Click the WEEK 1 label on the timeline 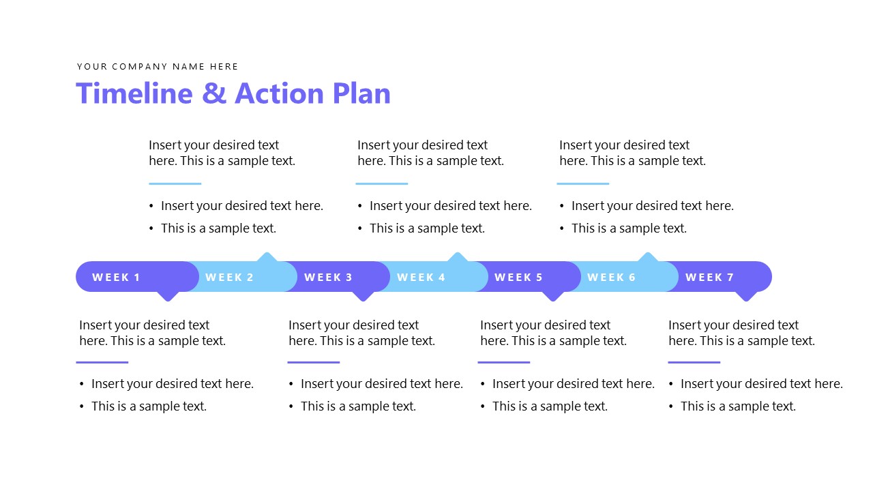(x=116, y=278)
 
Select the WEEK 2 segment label (x=229, y=278)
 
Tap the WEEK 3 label (x=328, y=278)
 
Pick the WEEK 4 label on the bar (x=421, y=278)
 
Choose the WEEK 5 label (x=518, y=278)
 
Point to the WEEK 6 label (x=611, y=278)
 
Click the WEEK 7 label (x=709, y=278)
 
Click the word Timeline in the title (x=134, y=93)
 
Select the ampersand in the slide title (x=213, y=94)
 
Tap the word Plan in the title (x=361, y=93)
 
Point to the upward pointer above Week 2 (x=267, y=257)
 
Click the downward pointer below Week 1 (x=168, y=296)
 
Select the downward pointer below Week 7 (x=747, y=296)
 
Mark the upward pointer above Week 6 (x=647, y=257)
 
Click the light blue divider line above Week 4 (x=381, y=183)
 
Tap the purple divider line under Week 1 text (x=102, y=362)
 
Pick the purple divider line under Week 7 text (x=694, y=362)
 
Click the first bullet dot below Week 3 (x=291, y=385)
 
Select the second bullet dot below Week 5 (x=483, y=407)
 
